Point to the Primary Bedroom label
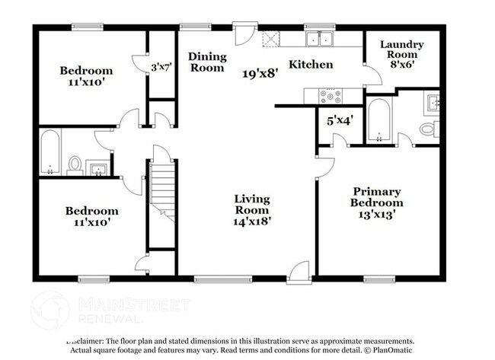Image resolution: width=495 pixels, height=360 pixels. pyautogui.click(x=376, y=202)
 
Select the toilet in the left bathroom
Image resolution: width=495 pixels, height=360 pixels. pyautogui.click(x=75, y=164)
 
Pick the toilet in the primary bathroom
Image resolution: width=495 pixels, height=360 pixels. pyautogui.click(x=429, y=129)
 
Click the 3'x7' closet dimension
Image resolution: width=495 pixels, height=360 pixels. pyautogui.click(x=160, y=67)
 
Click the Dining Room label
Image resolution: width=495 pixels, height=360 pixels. pyautogui.click(x=206, y=62)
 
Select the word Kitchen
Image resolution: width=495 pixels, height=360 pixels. pyautogui.click(x=311, y=65)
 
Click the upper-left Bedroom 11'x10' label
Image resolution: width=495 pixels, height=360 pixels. pyautogui.click(x=86, y=77)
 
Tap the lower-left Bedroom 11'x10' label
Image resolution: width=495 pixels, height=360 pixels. pyautogui.click(x=91, y=217)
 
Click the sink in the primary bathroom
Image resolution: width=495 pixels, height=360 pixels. pyautogui.click(x=432, y=100)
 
